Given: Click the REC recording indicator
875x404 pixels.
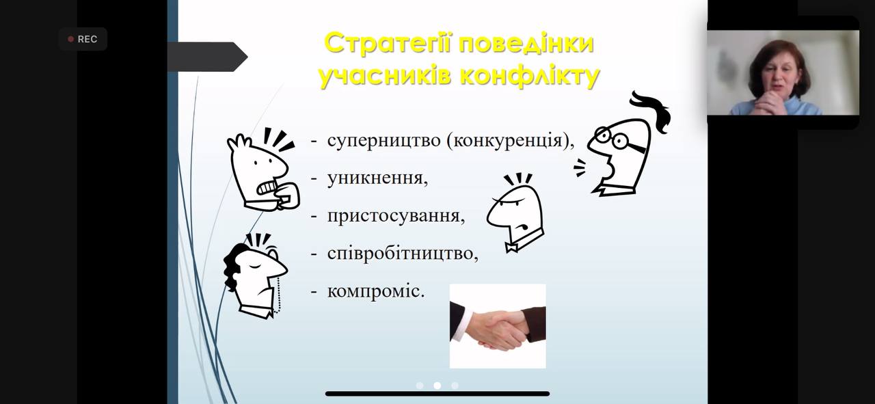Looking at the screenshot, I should click(83, 39).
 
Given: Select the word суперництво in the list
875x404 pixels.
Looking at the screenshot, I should click(383, 141).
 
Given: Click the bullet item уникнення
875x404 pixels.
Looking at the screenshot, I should click(377, 178).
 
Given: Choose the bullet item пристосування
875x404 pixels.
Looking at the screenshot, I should click(395, 216).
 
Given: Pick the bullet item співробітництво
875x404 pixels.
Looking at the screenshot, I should click(402, 253).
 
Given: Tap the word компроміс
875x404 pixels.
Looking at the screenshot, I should click(375, 291).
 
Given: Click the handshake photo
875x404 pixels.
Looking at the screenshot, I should click(498, 326).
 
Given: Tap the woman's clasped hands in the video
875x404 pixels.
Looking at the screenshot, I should click(769, 103).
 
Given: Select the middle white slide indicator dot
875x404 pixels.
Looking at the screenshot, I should click(437, 386).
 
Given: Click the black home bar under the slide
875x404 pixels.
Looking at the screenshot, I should click(437, 394).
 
